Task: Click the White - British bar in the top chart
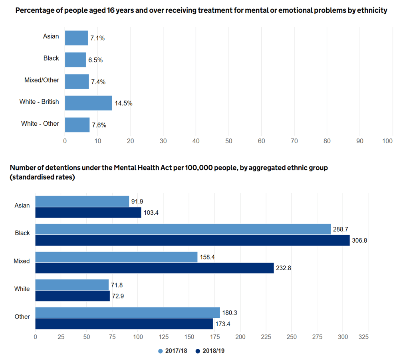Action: pos(88,103)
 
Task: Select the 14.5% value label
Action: pos(123,103)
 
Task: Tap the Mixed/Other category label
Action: pos(42,80)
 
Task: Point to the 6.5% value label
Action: pos(95,60)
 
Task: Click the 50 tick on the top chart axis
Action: pos(228,141)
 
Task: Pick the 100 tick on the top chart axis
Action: pos(387,141)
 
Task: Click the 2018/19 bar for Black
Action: pos(193,240)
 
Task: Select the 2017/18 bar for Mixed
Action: pos(116,257)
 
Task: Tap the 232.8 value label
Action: pos(284,268)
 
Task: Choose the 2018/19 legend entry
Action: pos(210,351)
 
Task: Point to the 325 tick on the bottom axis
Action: pos(363,337)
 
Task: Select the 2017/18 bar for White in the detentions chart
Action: pos(72,285)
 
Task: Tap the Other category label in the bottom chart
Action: pos(22,316)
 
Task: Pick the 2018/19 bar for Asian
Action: pos(88,213)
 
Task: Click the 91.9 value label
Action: pos(138,202)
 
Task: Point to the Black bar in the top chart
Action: pos(75,60)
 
